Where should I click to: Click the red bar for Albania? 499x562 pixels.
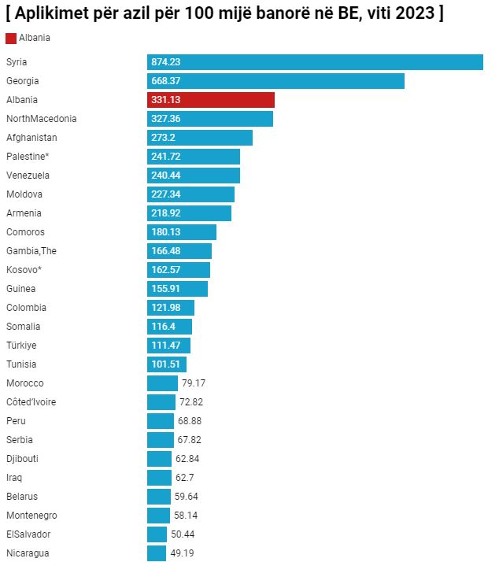point(211,100)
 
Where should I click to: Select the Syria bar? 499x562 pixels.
point(315,62)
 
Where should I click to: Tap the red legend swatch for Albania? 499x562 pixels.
point(11,38)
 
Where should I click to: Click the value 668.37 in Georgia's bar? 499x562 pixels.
point(166,81)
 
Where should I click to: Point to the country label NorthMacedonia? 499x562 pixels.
point(41,119)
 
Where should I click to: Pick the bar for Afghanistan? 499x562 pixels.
point(200,138)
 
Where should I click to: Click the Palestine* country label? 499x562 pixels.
point(28,157)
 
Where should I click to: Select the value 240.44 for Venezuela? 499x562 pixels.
point(166,176)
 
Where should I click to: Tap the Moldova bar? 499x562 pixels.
point(190,194)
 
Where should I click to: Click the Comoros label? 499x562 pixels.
point(25,232)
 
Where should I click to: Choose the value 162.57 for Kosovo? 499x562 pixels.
point(166,270)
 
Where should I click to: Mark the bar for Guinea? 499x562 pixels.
point(177,289)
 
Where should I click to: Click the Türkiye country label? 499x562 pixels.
point(21,346)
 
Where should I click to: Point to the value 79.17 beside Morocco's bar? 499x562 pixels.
point(194,383)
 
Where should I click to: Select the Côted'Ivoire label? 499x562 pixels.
point(31,402)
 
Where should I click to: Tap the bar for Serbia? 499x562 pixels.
point(161,440)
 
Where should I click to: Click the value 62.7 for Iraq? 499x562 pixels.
point(186,478)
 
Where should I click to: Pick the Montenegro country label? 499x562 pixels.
point(31,516)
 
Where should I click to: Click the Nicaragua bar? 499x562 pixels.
point(157,553)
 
